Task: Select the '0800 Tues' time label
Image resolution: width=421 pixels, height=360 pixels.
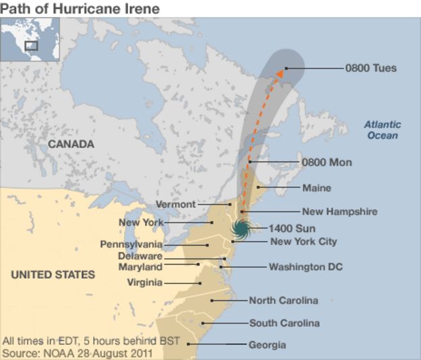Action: click(370, 68)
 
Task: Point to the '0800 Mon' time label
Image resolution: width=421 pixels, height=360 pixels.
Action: click(327, 163)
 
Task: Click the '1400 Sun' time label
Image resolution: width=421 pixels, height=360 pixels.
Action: click(291, 228)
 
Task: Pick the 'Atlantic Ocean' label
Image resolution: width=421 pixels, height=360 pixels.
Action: click(383, 130)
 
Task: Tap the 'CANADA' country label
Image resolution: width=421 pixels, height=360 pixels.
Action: click(70, 144)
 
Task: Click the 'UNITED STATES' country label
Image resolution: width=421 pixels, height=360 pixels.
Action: click(53, 275)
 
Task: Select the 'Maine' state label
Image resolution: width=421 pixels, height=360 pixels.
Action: click(316, 188)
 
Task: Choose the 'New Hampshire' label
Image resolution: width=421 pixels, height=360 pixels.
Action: click(339, 211)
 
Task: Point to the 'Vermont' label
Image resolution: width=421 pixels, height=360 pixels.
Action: click(175, 204)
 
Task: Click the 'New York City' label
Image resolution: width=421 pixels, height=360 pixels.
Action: click(303, 241)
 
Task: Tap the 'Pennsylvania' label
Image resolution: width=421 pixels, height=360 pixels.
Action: click(131, 244)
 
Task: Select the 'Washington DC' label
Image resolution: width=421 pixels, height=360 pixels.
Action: click(305, 267)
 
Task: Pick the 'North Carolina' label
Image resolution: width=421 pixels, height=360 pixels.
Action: click(283, 301)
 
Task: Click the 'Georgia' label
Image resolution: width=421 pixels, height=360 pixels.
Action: click(267, 344)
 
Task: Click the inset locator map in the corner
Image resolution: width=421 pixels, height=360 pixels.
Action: click(30, 38)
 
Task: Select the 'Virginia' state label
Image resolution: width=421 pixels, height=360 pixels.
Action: click(144, 282)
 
